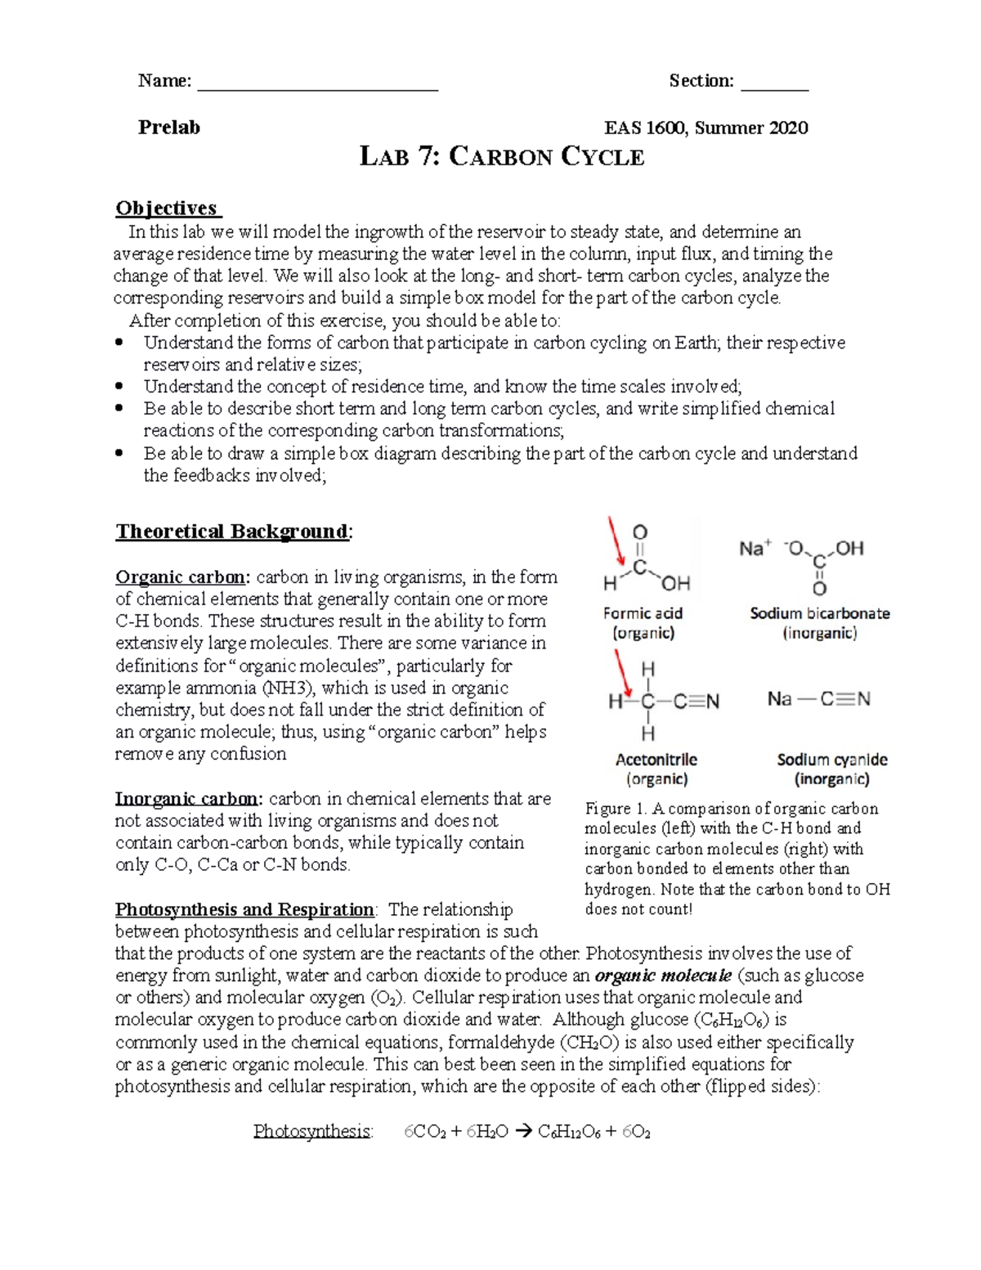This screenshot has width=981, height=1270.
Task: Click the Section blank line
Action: click(x=774, y=88)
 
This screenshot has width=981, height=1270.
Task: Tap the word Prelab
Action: click(x=168, y=127)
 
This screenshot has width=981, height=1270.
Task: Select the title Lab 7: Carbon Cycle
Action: click(x=502, y=156)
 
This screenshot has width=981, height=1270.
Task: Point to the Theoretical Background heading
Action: click(x=232, y=532)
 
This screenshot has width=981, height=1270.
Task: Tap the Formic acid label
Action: click(x=643, y=613)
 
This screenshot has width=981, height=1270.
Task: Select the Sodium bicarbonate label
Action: click(x=819, y=613)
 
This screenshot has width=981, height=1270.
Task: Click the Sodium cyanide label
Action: click(x=831, y=760)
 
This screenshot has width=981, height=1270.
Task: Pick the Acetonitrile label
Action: click(x=656, y=760)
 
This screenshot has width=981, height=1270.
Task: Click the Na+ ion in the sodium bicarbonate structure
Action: click(x=755, y=548)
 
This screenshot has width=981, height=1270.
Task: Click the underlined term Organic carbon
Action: click(x=181, y=577)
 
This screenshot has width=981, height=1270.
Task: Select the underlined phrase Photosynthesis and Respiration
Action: click(x=244, y=909)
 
